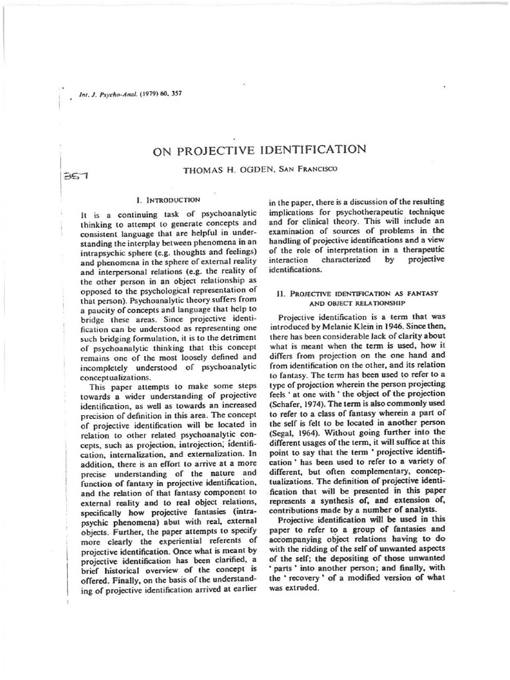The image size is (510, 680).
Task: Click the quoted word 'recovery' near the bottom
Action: click(297, 577)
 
